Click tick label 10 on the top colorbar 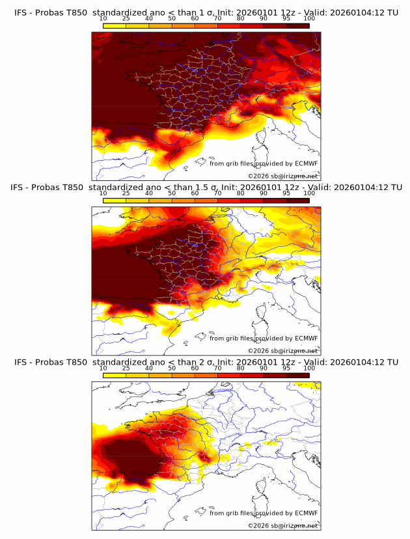coord(103,18)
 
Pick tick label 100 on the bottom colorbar coord(309,368)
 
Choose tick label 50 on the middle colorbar coord(172,193)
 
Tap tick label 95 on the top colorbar coord(286,18)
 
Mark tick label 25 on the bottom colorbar coord(126,368)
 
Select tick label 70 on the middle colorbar coord(217,193)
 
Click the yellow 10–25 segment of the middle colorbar coord(115,200)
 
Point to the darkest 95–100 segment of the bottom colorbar coord(297,376)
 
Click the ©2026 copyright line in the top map coord(282,176)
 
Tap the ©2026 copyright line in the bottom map coord(282,526)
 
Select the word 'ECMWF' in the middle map coord(306,339)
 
